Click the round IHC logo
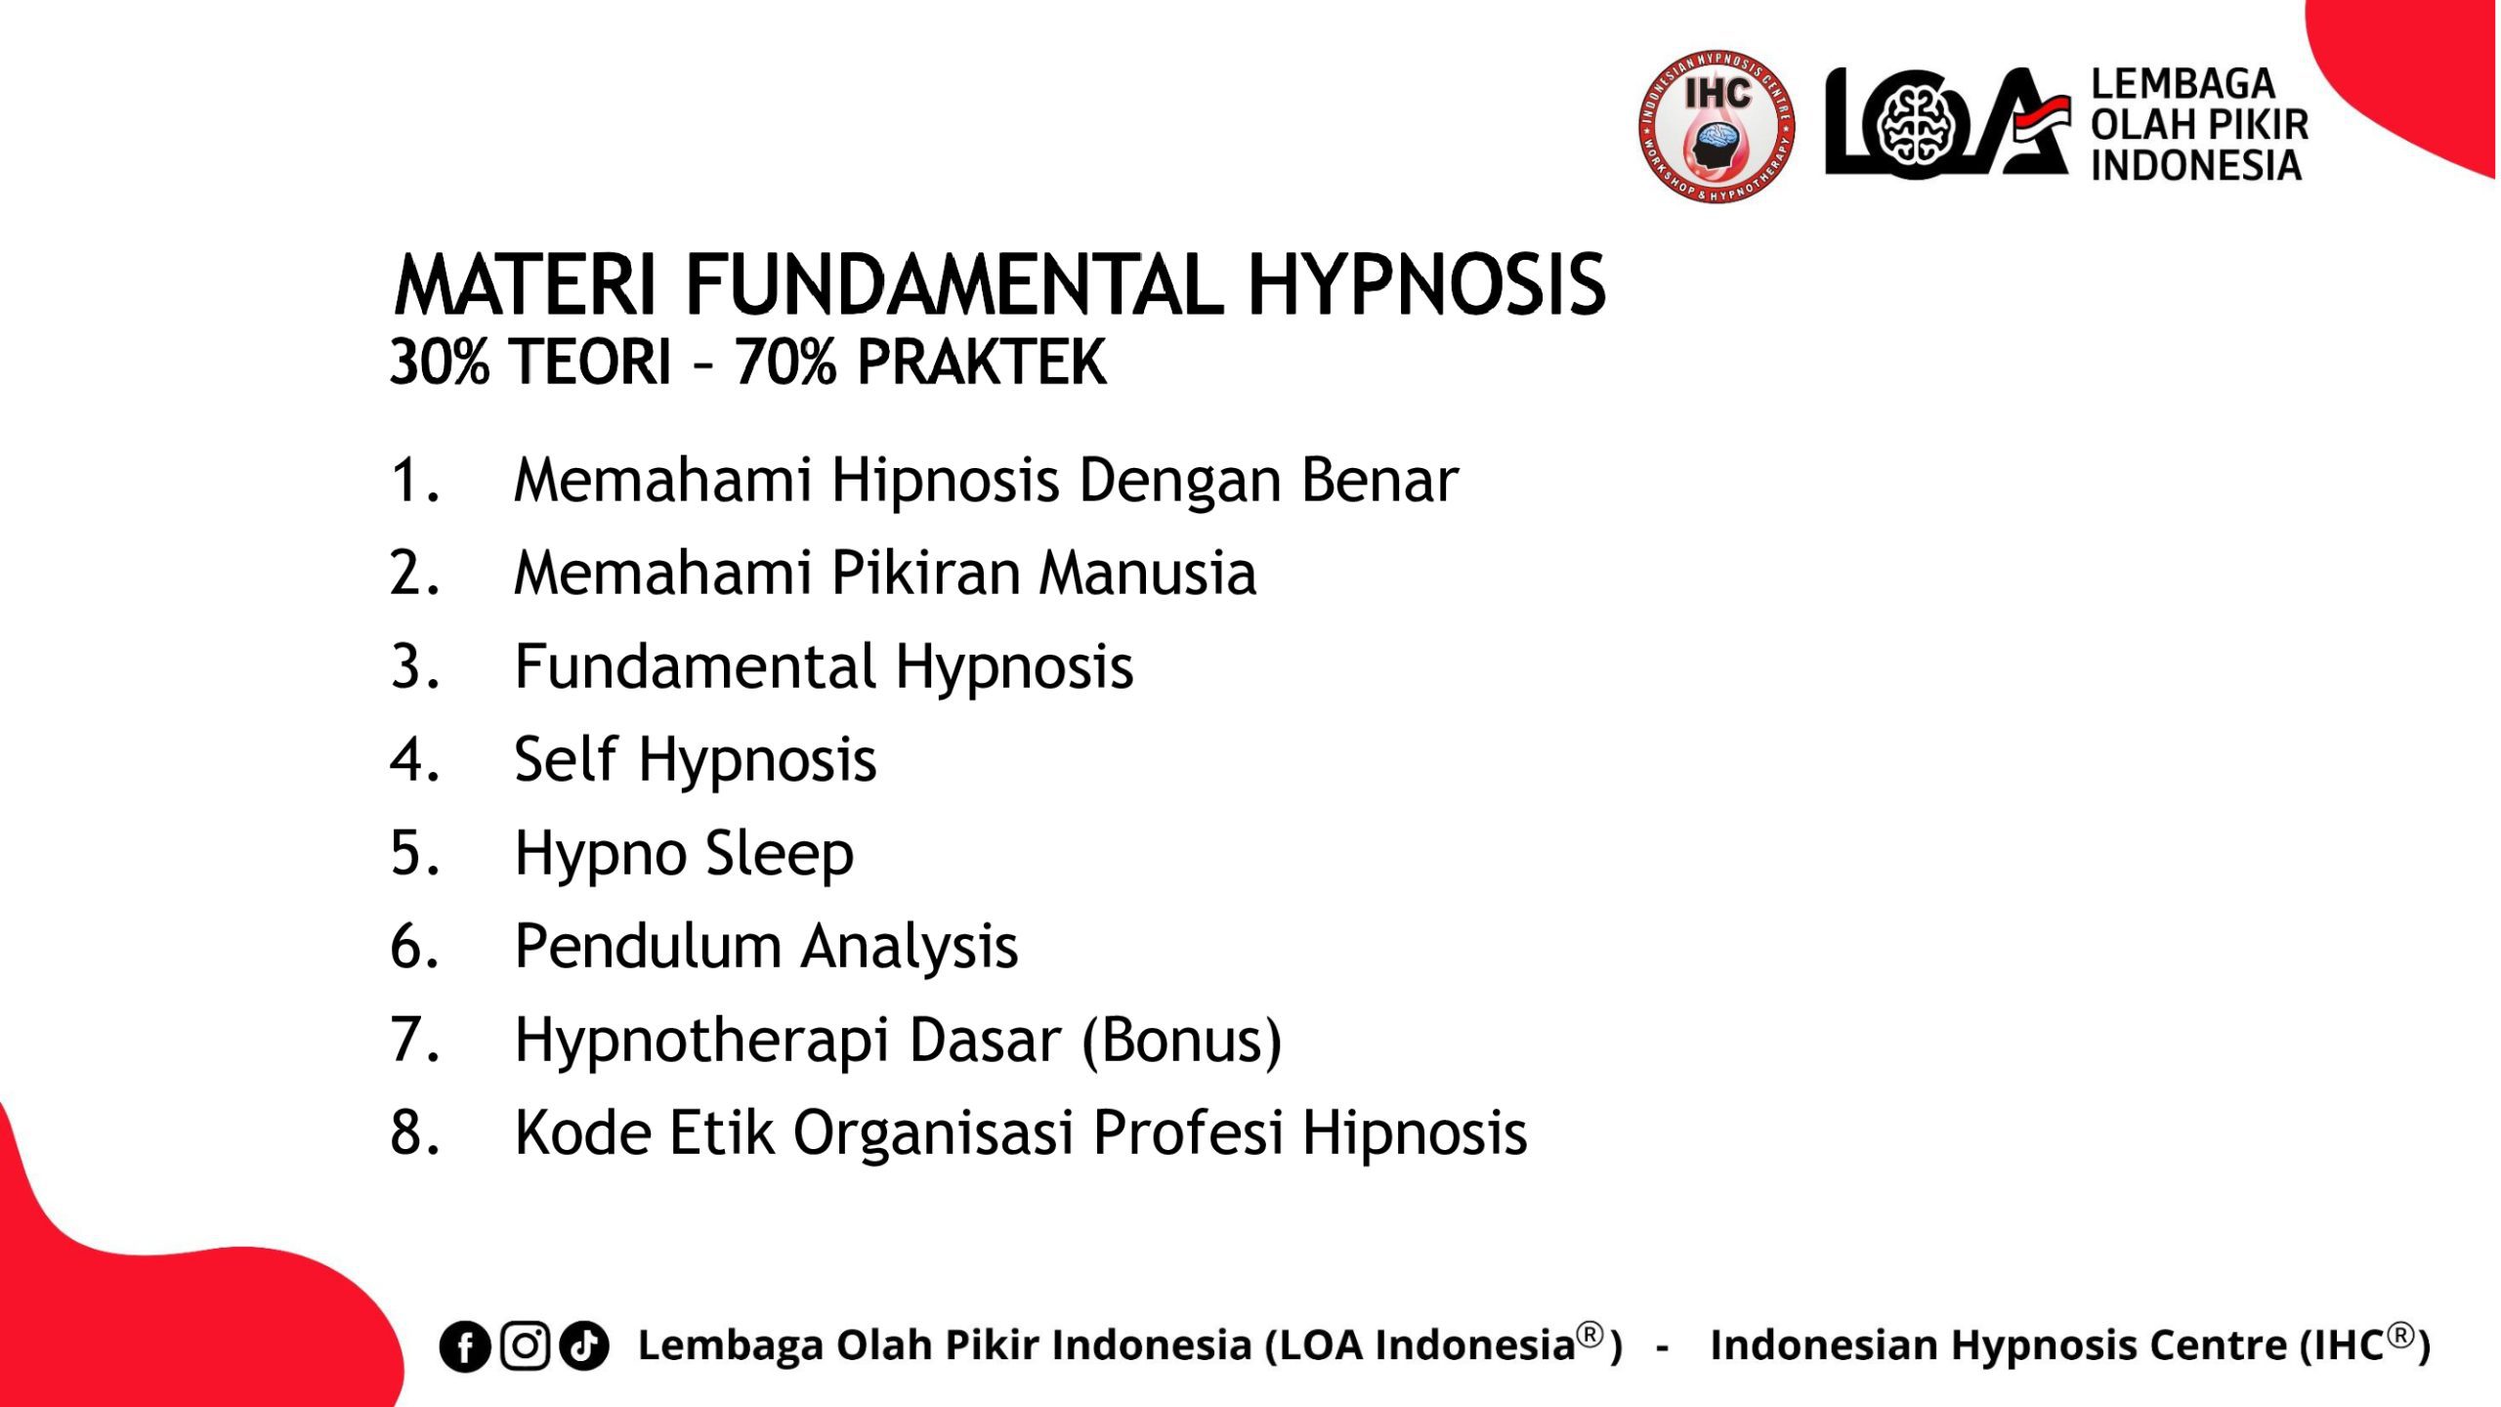[x=1717, y=127]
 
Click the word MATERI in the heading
[x=525, y=285]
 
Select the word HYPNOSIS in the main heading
[x=1426, y=285]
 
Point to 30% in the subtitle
[x=439, y=362]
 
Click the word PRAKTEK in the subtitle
[x=982, y=362]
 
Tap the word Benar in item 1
[x=1379, y=480]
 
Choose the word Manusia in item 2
[x=1148, y=573]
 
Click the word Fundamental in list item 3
[x=696, y=666]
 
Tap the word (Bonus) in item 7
[x=1181, y=1041]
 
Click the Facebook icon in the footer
[x=465, y=1346]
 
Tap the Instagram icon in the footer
[x=526, y=1345]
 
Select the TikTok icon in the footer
[x=584, y=1345]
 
